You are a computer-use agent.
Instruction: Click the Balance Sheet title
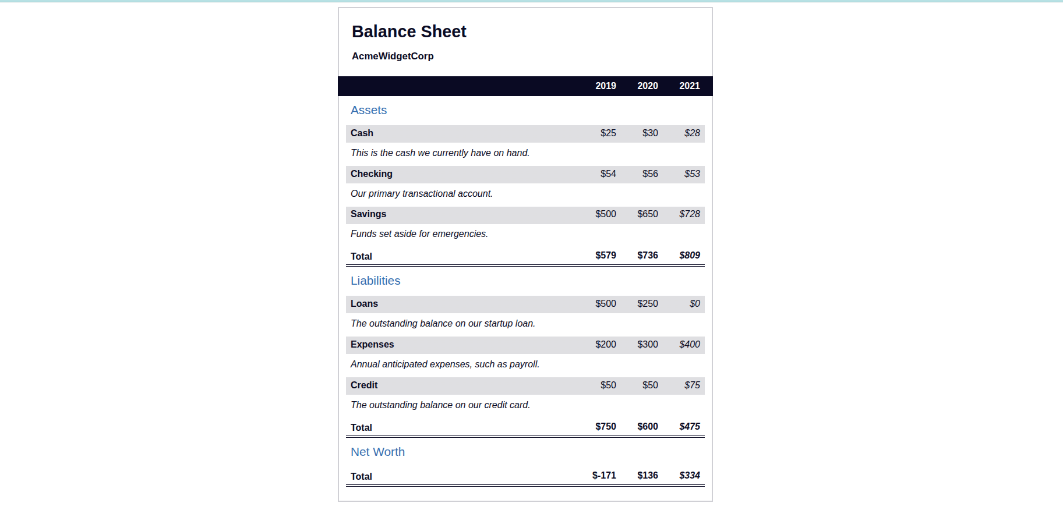pos(409,31)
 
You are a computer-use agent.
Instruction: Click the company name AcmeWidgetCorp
pos(393,56)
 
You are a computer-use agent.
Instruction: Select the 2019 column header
pos(605,86)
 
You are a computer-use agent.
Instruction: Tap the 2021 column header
pos(689,86)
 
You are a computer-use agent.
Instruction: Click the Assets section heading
pos(369,110)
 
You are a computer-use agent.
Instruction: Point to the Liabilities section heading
pos(375,281)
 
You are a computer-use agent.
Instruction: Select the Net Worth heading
pos(377,452)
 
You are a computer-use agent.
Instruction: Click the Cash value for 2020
pos(650,133)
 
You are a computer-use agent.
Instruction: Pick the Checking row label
pos(372,174)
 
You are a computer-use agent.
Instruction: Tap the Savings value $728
pos(690,214)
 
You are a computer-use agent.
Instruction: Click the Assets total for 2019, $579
pos(605,256)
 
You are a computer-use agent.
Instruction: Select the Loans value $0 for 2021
pos(694,304)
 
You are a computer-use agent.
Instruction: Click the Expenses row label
pos(372,345)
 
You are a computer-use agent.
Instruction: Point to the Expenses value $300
pos(647,345)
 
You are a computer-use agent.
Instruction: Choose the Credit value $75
pos(692,385)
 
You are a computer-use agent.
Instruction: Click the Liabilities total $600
pos(647,427)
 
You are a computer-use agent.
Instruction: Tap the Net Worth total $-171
pos(604,476)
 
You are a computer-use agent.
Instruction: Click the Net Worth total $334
pos(690,476)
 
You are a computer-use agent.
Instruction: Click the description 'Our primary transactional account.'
pos(422,194)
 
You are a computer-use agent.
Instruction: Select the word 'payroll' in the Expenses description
pos(524,364)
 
